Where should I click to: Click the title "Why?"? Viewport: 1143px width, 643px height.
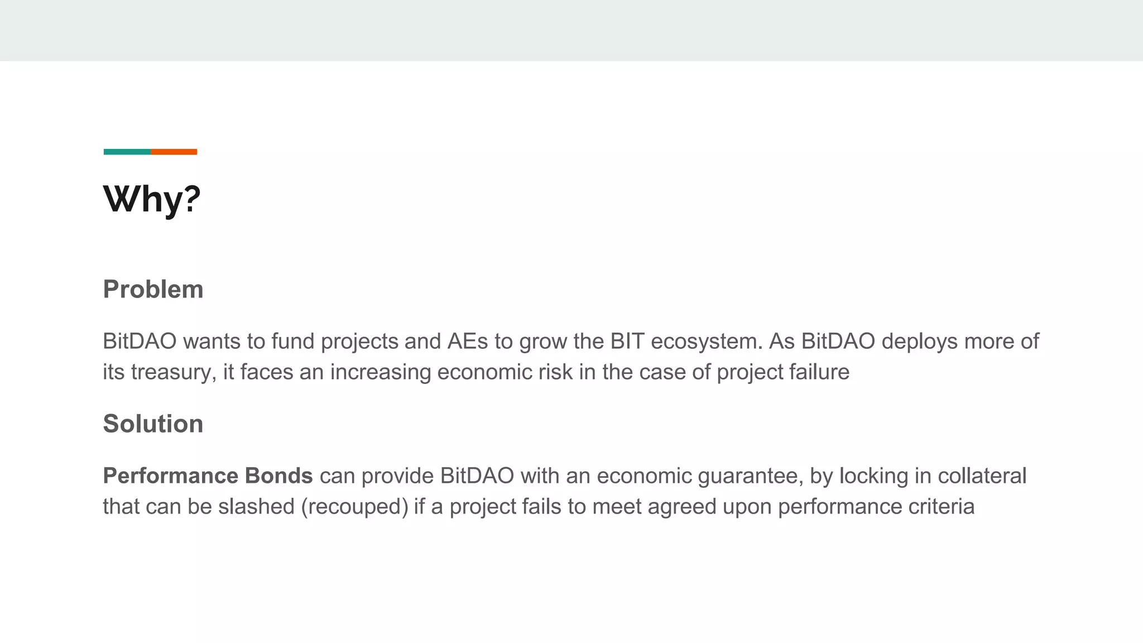click(152, 199)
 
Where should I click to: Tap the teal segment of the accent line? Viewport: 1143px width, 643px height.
click(127, 152)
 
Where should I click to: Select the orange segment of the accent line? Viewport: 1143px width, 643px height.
click(174, 152)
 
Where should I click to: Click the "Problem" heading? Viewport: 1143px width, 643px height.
click(153, 289)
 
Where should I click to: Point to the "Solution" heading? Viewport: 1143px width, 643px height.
click(153, 424)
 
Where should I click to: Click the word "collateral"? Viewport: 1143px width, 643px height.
click(982, 476)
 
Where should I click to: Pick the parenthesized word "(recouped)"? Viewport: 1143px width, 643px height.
click(354, 507)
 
